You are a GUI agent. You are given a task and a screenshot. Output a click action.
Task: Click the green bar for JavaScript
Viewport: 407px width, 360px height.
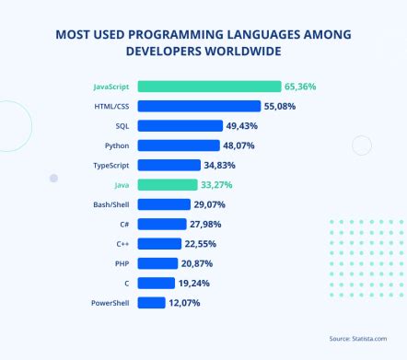pyautogui.click(x=209, y=87)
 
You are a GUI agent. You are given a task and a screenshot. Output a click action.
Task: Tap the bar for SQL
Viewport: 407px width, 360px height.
pyautogui.click(x=180, y=126)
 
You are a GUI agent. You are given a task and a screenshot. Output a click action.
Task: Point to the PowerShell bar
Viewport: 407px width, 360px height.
pyautogui.click(x=152, y=303)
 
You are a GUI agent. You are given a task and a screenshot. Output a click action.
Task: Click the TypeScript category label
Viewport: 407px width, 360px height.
pyautogui.click(x=111, y=165)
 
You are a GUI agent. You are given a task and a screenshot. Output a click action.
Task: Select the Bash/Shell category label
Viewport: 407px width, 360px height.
pyautogui.click(x=111, y=204)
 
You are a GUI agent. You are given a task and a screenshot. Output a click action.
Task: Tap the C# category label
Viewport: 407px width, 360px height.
pyautogui.click(x=122, y=224)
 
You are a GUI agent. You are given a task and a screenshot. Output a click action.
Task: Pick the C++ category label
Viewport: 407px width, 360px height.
pyautogui.click(x=121, y=244)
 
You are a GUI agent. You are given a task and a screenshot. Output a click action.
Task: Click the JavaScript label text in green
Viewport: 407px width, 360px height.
pyautogui.click(x=110, y=87)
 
